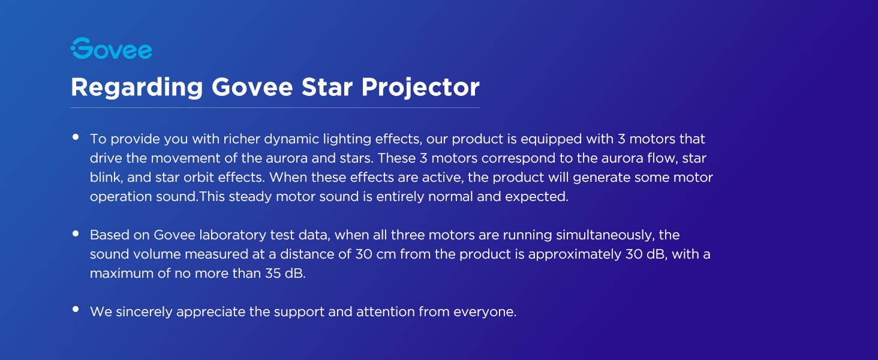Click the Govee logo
coord(112,48)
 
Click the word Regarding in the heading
coord(137,88)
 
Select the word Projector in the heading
coord(420,88)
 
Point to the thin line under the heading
coord(275,107)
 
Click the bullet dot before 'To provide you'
coord(76,137)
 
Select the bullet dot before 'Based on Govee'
coord(76,233)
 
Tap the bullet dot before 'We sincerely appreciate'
coord(76,309)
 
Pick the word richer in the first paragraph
coord(241,139)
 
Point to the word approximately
coord(575,255)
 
